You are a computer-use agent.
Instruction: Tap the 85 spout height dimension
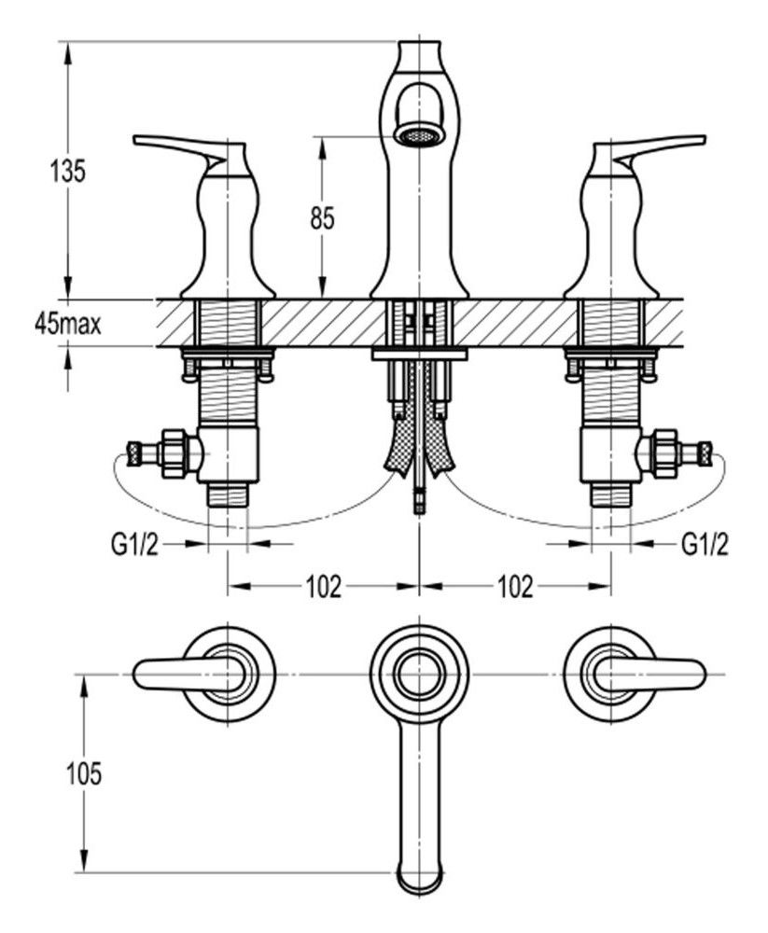(x=322, y=217)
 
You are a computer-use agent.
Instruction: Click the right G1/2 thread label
(x=704, y=543)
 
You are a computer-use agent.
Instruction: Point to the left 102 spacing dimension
(x=323, y=587)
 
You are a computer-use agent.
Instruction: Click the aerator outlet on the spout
(x=417, y=135)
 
